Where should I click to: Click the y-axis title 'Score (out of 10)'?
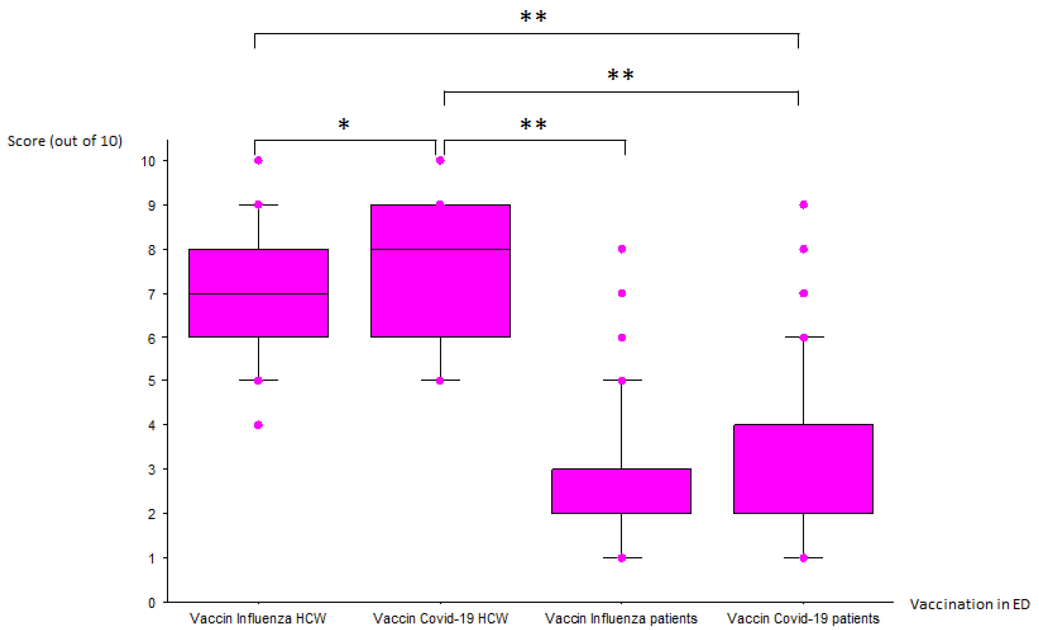pos(65,141)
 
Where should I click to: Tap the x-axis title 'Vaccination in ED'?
pos(969,604)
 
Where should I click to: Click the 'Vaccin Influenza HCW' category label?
pos(258,619)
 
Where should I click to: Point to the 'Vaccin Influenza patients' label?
pos(621,619)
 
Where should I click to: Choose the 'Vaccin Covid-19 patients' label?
pos(803,619)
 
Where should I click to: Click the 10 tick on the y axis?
pos(148,161)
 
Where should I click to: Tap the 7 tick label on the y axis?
pos(152,294)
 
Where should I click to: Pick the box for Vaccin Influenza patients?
pos(621,491)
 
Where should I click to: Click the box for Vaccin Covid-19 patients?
pos(803,469)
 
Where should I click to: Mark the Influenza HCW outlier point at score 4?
pos(258,425)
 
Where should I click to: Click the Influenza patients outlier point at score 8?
pos(622,249)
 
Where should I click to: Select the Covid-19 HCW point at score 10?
pos(440,160)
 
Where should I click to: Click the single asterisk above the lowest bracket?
pos(344,124)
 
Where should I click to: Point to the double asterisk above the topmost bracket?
pos(533,17)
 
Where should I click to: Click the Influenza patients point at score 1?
pos(622,558)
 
